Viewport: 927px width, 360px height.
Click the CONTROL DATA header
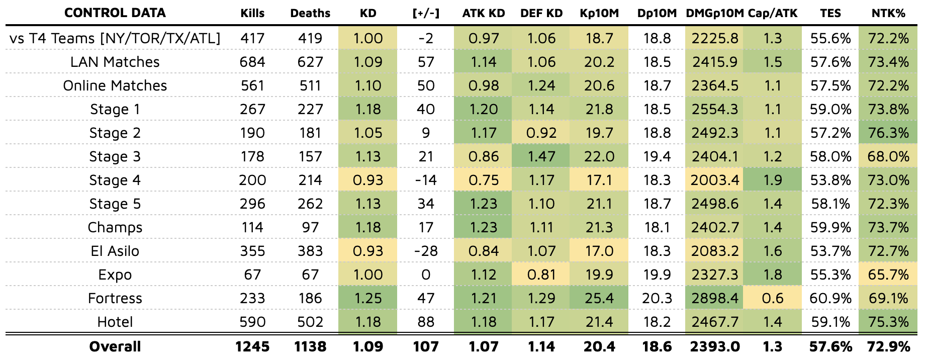coord(115,13)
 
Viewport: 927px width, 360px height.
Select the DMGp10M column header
coord(714,13)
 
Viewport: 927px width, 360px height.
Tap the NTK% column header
coord(888,13)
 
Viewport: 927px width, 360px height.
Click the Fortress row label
coord(115,298)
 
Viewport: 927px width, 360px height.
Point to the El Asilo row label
coord(115,251)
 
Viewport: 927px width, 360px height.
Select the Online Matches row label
coord(115,85)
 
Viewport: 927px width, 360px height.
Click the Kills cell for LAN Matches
coord(252,62)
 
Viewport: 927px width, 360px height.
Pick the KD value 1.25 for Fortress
coord(368,298)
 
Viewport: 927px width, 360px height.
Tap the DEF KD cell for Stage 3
coord(541,156)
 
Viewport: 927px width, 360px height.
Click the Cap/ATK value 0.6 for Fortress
coord(772,298)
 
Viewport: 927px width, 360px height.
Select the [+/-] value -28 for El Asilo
coord(426,251)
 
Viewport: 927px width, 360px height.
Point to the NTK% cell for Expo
coord(888,275)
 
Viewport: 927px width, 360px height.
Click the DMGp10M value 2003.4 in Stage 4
coord(714,180)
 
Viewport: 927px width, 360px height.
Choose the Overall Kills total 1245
coord(252,346)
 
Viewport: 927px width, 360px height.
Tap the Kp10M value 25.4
coord(599,298)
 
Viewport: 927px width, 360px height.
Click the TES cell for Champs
coord(830,227)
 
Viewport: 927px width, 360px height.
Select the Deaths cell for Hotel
coord(310,322)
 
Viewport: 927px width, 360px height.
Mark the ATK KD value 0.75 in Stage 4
coord(484,180)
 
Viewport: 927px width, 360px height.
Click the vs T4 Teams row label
coord(115,38)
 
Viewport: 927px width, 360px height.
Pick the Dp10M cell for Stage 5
coord(657,204)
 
